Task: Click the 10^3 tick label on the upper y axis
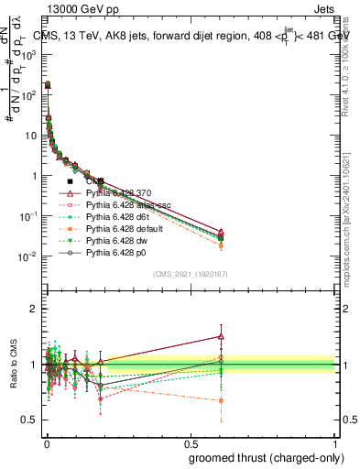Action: pyautogui.click(x=28, y=55)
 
